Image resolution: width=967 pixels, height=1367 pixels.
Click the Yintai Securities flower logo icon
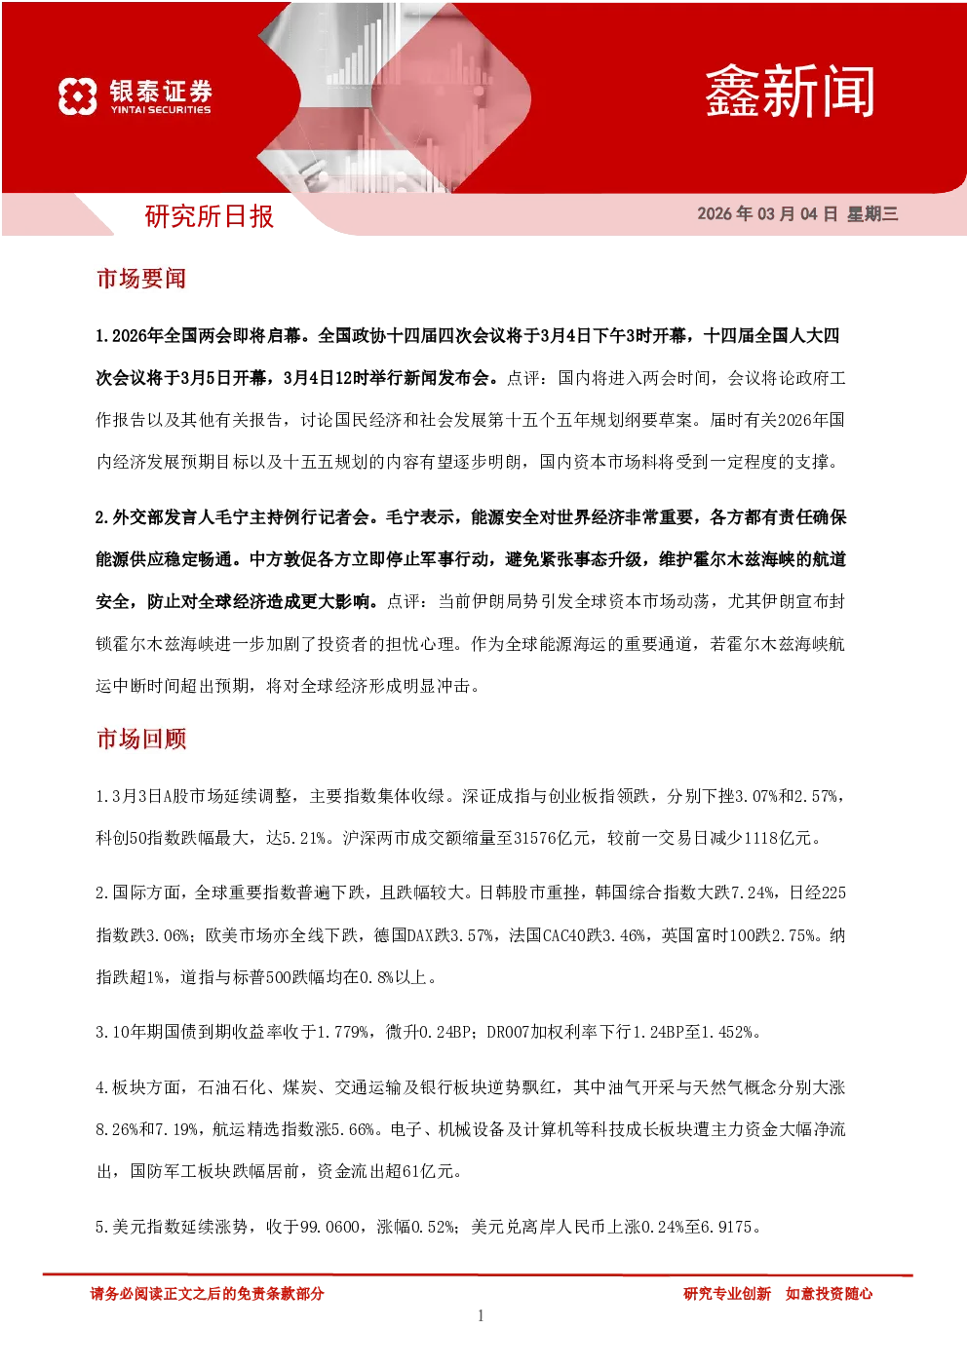coord(77,95)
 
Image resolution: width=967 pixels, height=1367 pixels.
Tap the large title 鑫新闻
coord(790,92)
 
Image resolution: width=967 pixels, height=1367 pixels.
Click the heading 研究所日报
coord(209,216)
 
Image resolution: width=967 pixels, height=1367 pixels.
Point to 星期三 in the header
coord(872,213)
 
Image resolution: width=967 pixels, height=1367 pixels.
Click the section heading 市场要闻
coord(141,279)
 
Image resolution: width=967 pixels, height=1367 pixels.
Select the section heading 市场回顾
coord(141,739)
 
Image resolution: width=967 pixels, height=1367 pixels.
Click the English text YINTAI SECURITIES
coord(161,110)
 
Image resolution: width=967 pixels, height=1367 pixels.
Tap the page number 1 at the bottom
coord(481,1315)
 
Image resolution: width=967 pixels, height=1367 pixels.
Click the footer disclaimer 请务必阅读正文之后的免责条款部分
coord(207,1293)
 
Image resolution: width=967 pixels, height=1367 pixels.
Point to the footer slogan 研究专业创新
coord(726,1293)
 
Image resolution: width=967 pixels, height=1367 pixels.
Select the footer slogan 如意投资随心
coord(829,1293)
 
